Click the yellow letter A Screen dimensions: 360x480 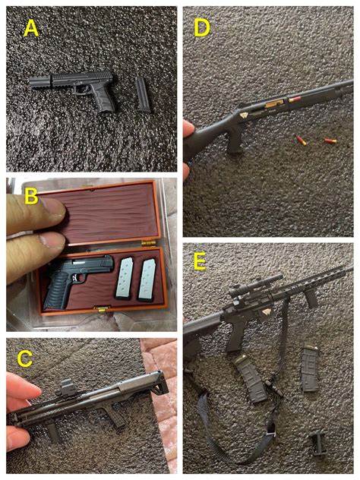[31, 29]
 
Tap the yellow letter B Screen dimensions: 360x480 [31, 196]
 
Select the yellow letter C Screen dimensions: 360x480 [25, 358]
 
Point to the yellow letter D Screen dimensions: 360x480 [202, 27]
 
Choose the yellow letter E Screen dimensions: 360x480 [200, 262]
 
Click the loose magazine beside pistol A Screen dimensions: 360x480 [143, 95]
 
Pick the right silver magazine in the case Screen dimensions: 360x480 [147, 279]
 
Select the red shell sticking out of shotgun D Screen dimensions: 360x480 [295, 99]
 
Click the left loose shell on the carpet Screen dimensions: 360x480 [301, 140]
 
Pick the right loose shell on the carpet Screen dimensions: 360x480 [330, 141]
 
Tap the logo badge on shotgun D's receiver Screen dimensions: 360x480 [245, 115]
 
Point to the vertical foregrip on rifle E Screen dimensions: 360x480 [311, 298]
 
